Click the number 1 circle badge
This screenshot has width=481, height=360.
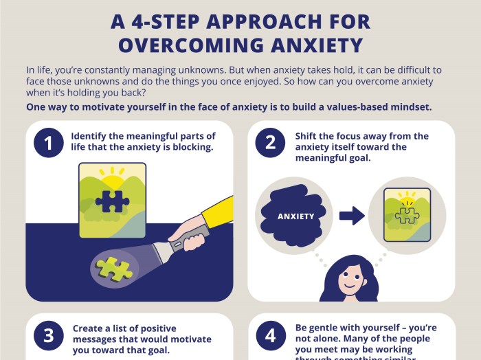pos(48,143)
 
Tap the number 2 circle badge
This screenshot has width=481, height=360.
pos(270,143)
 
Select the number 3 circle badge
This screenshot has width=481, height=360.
pos(48,335)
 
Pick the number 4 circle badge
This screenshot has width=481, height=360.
pos(270,335)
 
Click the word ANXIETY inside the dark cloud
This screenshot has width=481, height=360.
pos(295,216)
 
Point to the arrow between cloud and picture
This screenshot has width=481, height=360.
pos(352,216)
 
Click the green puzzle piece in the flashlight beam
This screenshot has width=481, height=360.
pos(115,267)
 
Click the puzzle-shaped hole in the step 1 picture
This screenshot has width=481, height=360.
pos(112,200)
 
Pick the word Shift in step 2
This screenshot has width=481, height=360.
pos(308,135)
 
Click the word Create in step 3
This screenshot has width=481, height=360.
pos(91,328)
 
